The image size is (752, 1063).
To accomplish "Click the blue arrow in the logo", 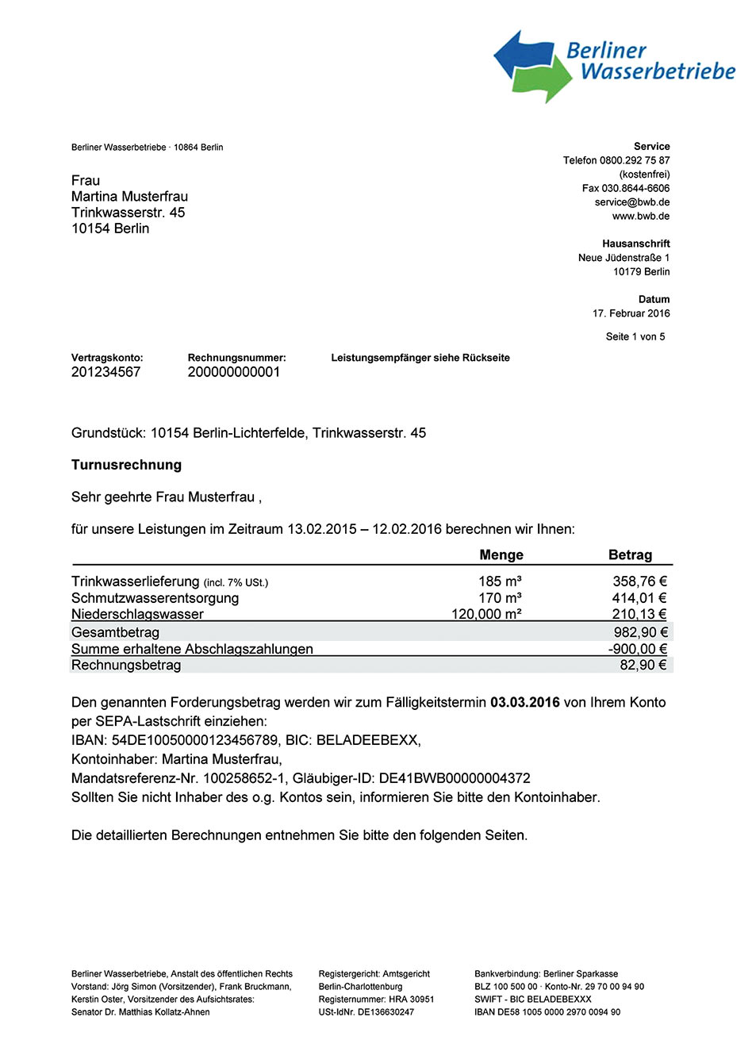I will click(x=520, y=56).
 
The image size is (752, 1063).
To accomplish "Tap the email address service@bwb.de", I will click(x=632, y=202).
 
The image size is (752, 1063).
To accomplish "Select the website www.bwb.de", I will click(x=641, y=216).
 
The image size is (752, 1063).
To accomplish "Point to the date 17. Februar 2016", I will click(x=631, y=313).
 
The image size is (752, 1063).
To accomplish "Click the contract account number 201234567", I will click(x=106, y=372).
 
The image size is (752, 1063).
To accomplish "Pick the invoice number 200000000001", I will click(x=234, y=372).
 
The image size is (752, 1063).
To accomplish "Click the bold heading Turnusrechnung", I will click(x=126, y=465).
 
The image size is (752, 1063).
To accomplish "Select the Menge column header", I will click(x=501, y=555).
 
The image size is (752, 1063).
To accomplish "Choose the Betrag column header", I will click(x=630, y=555).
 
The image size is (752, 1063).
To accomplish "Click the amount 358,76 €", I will click(x=639, y=581).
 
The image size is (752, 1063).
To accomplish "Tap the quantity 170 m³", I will click(x=500, y=598).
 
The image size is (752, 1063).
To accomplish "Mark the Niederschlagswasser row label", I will click(x=137, y=614).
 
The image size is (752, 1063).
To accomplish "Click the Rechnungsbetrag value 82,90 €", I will click(x=643, y=665).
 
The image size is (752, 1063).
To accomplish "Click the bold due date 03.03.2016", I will click(x=525, y=702).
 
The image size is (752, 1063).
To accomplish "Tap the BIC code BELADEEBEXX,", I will click(x=368, y=740).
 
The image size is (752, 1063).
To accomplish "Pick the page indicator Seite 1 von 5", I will click(x=635, y=336).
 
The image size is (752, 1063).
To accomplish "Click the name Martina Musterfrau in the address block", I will click(x=129, y=197).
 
